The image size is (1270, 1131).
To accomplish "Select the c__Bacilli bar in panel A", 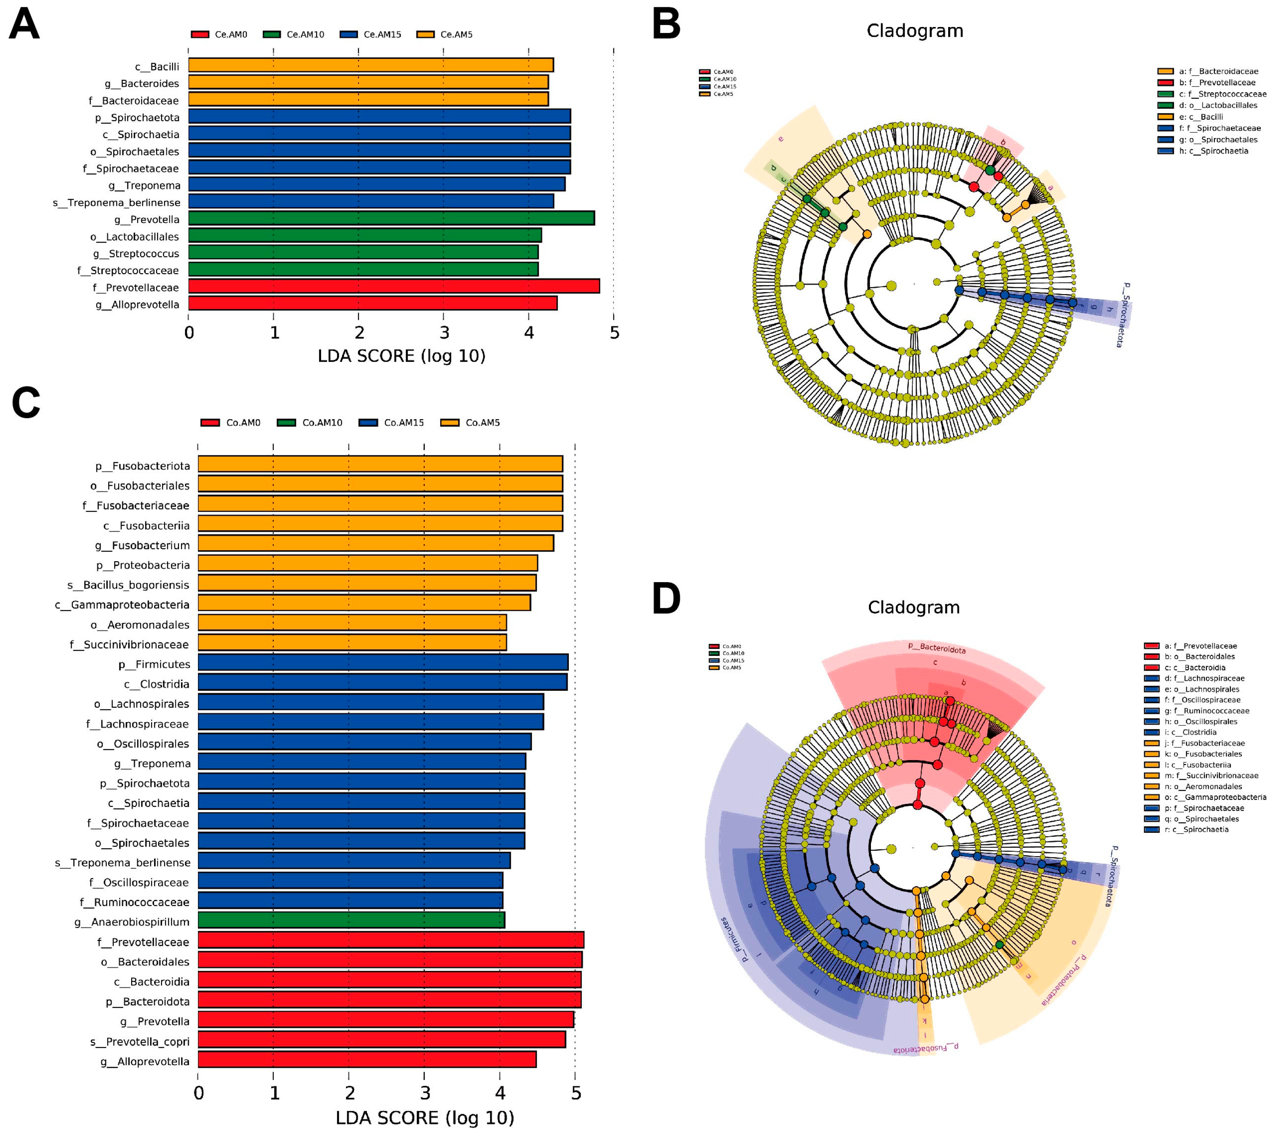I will (x=371, y=65).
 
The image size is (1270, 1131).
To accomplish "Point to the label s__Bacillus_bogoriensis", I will (x=128, y=585).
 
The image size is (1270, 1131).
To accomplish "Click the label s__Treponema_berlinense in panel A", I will (x=117, y=203).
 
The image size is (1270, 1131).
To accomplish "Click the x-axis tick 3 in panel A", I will (x=444, y=333).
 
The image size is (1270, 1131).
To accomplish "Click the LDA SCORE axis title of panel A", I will (x=401, y=356).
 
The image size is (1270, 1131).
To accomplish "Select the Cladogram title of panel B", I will (x=915, y=31).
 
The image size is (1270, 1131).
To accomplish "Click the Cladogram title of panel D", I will (x=913, y=607).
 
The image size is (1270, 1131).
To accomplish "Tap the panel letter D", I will (x=667, y=598).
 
